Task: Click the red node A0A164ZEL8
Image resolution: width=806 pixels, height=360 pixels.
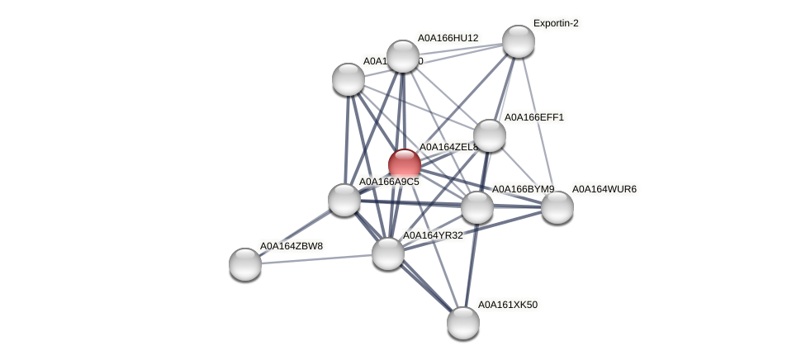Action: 405,164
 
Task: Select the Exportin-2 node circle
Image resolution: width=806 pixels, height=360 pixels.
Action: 519,41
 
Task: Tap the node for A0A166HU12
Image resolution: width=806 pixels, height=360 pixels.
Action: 403,56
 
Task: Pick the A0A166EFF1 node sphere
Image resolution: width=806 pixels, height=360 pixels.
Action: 490,135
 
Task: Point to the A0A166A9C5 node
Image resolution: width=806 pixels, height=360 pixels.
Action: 344,200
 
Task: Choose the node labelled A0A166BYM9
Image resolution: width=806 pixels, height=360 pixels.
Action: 477,207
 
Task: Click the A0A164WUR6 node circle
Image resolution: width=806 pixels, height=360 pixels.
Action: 557,207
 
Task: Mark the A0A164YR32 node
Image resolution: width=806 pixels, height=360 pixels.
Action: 388,253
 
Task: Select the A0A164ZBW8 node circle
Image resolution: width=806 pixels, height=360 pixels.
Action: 245,264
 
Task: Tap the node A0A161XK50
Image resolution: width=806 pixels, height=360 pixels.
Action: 463,323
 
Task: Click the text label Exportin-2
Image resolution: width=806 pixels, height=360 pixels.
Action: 556,23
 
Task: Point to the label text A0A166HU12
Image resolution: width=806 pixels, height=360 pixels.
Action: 448,38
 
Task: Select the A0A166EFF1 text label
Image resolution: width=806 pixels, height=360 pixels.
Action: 534,117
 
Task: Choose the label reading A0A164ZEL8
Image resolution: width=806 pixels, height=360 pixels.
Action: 448,147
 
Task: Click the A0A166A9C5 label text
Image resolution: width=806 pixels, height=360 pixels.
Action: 389,182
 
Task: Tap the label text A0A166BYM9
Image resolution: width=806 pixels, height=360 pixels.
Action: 524,189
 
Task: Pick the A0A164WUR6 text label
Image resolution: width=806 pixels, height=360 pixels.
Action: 604,189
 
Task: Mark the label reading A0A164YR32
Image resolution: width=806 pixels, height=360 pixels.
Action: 433,235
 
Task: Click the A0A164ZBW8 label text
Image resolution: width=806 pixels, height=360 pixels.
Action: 291,246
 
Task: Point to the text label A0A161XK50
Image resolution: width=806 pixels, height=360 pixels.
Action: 508,305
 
